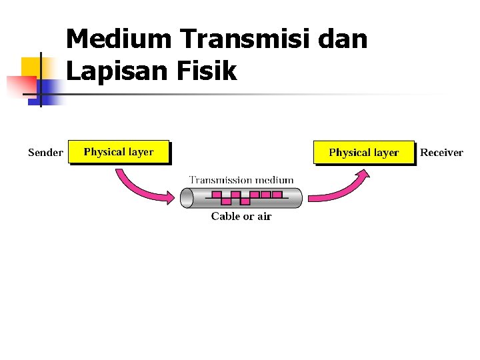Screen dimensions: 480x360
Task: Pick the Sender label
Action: point(45,153)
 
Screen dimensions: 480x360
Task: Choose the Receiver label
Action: point(441,153)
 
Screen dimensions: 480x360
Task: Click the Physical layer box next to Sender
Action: point(119,152)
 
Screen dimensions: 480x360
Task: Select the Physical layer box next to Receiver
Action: point(364,153)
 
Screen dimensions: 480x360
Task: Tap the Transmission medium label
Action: point(241,180)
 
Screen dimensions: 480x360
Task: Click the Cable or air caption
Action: point(241,216)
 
